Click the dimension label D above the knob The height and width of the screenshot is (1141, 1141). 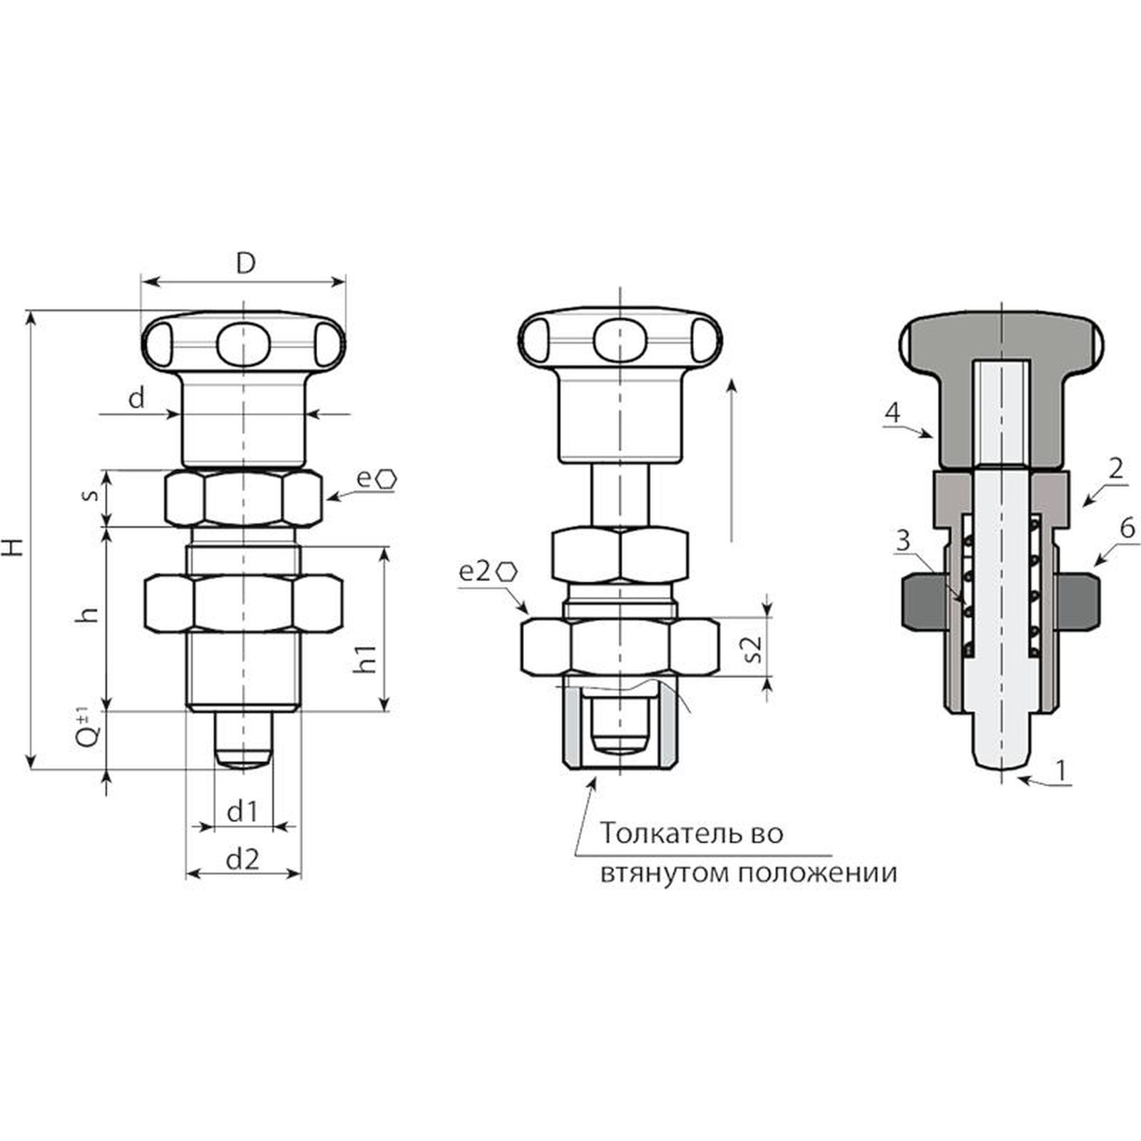(x=245, y=263)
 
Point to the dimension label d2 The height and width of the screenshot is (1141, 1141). (x=242, y=859)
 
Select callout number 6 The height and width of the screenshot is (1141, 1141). (x=1127, y=528)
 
